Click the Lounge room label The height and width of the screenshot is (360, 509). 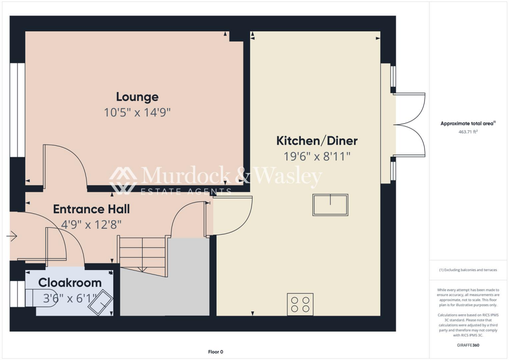click(x=137, y=96)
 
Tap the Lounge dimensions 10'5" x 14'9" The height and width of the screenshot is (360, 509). click(x=137, y=112)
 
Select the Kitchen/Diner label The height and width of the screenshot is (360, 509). click(x=317, y=141)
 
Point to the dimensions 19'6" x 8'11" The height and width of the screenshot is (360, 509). click(x=317, y=156)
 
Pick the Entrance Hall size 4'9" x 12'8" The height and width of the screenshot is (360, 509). click(x=91, y=224)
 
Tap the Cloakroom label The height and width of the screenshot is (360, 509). click(x=70, y=282)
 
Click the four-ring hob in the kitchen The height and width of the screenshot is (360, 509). click(x=300, y=304)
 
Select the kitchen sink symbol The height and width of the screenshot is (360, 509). click(x=330, y=205)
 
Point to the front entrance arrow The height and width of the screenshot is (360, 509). click(x=12, y=236)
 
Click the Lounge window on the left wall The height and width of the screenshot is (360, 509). click(x=17, y=110)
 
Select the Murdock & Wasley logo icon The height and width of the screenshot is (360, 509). click(x=123, y=180)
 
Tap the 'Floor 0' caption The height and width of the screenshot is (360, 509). click(x=215, y=352)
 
